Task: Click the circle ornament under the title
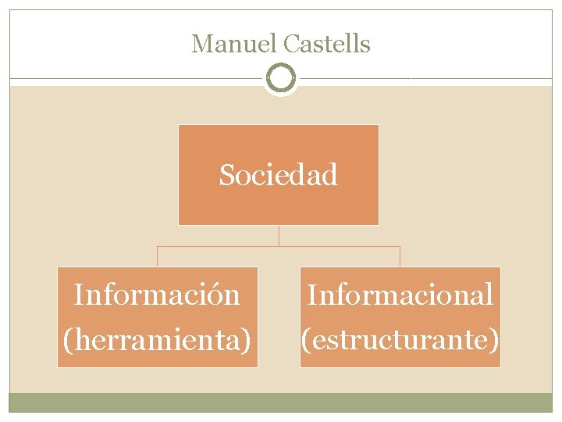280,78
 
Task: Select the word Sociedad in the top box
279,175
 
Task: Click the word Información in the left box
156,295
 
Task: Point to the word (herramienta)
157,339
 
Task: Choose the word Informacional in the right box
400,295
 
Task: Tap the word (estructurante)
400,339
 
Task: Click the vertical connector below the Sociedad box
279,236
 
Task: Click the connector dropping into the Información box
158,257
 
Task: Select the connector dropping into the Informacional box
400,257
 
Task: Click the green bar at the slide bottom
280,402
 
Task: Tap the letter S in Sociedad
226,175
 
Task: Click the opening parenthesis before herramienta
66,340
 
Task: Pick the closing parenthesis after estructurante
494,340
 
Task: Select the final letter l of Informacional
489,295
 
